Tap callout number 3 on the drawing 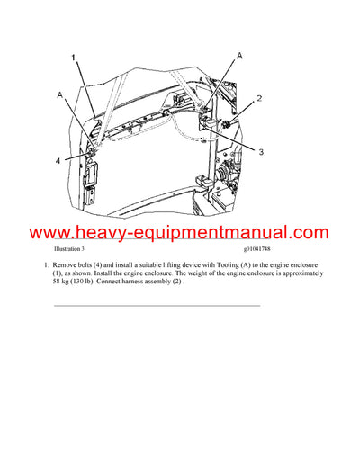coord(260,153)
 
